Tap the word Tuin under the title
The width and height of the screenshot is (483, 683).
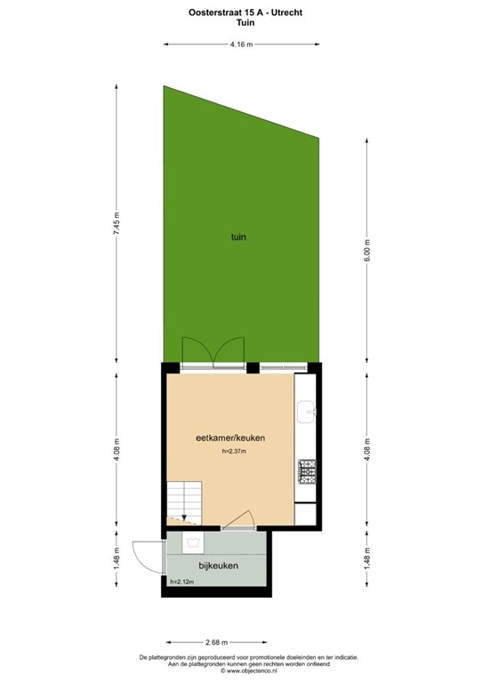(x=240, y=24)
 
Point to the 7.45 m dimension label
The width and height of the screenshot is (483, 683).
(x=116, y=222)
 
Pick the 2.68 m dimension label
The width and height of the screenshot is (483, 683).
(x=216, y=641)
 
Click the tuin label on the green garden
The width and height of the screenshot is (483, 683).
(x=237, y=237)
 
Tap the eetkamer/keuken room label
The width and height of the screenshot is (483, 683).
(x=231, y=438)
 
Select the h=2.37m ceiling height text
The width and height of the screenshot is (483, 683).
(x=234, y=452)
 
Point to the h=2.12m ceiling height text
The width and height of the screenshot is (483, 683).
(x=182, y=582)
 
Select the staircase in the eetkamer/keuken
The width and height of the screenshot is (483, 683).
(x=184, y=500)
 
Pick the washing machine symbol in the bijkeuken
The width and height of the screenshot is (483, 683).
(x=193, y=542)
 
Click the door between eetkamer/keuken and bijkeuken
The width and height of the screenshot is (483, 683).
(x=238, y=523)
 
